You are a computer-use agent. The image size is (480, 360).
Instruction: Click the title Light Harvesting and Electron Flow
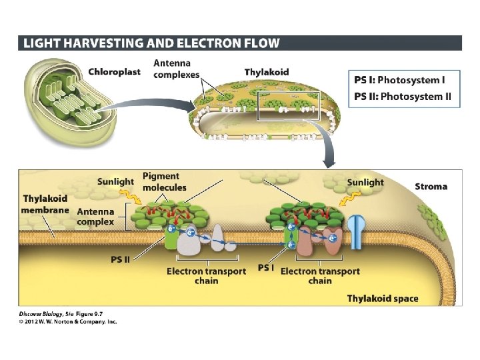(x=151, y=43)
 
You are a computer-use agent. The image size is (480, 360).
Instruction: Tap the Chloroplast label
(x=114, y=72)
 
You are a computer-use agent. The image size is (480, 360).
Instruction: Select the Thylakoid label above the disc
(x=267, y=72)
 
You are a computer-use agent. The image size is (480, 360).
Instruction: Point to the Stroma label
(x=431, y=186)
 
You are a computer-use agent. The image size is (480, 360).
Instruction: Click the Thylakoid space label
(x=383, y=298)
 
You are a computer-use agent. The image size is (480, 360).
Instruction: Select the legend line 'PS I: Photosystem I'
(x=398, y=80)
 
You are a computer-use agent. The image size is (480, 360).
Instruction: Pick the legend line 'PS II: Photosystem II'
(x=402, y=96)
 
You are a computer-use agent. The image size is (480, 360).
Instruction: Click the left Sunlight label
(x=115, y=181)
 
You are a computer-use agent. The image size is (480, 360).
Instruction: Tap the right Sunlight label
(x=365, y=182)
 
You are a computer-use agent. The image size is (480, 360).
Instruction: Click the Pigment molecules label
(x=161, y=181)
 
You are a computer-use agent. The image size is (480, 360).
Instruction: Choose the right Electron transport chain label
(x=320, y=276)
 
